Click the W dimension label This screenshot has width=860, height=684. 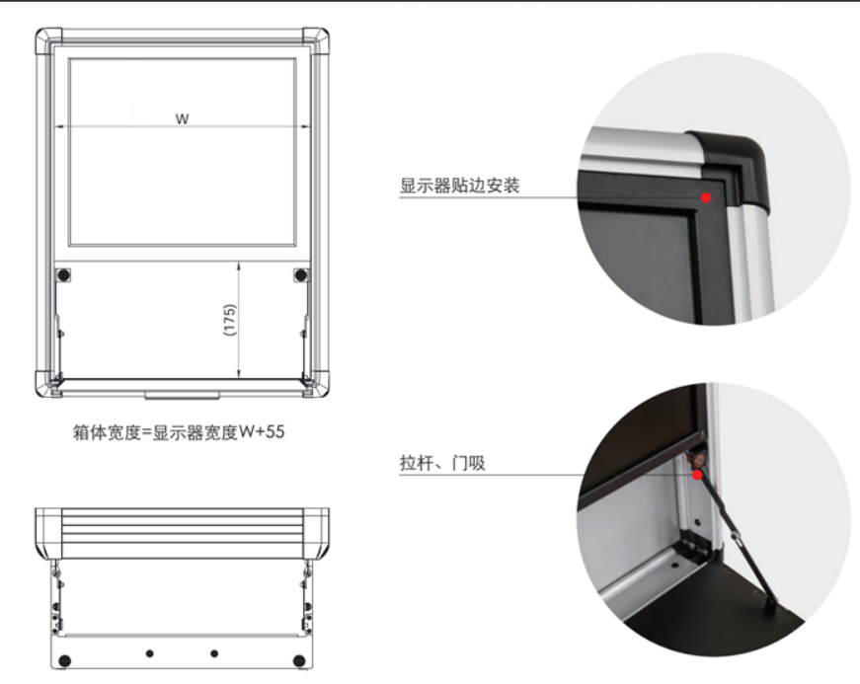click(182, 118)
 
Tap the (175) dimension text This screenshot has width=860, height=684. click(230, 320)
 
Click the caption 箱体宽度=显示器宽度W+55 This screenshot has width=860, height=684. click(179, 432)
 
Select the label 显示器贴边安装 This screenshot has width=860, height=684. click(459, 186)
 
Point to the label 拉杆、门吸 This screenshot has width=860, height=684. click(442, 463)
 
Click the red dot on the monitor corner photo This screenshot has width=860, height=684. click(706, 197)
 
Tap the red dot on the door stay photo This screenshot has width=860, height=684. click(697, 475)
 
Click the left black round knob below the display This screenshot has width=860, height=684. click(63, 274)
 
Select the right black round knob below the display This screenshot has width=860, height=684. click(300, 274)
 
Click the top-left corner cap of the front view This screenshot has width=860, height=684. click(48, 40)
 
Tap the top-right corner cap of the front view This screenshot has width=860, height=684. click(316, 40)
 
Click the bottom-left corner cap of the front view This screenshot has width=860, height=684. click(47, 384)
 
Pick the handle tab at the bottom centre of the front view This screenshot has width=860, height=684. click(182, 395)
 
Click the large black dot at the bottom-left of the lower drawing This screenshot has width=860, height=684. click(65, 661)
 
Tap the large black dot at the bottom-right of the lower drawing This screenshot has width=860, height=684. click(299, 661)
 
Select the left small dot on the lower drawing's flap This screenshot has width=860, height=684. click(150, 653)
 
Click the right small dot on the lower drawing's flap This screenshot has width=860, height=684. click(214, 653)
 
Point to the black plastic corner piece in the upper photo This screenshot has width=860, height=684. click(735, 165)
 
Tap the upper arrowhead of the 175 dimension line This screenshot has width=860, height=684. click(239, 266)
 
